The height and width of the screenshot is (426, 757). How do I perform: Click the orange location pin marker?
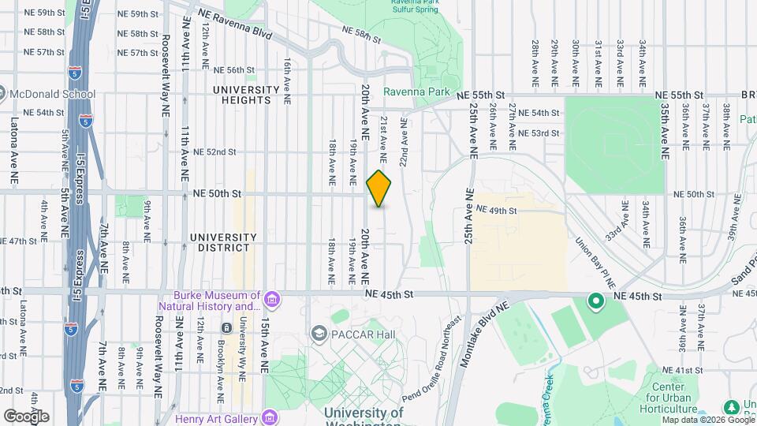point(379,189)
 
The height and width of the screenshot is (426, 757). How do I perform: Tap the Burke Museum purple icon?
point(272,299)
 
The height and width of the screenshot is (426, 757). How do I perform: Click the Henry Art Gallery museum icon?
point(270,417)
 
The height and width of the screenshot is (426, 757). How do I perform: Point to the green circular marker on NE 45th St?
point(596,300)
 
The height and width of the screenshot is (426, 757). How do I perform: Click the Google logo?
point(26,416)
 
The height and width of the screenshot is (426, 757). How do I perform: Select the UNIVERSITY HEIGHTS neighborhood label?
point(246,95)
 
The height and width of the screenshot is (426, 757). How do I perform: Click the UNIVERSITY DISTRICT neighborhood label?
point(223,242)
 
